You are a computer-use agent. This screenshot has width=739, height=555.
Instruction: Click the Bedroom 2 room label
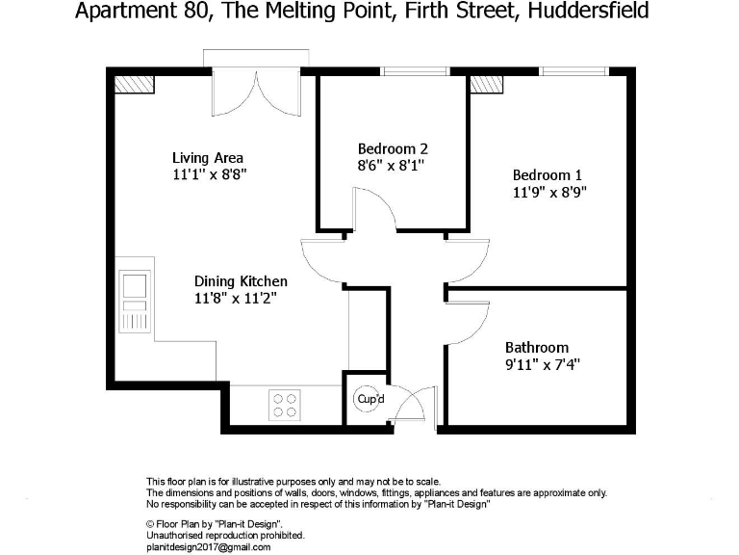pos(393,149)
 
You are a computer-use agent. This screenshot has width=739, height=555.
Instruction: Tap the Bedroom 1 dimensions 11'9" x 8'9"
pos(548,191)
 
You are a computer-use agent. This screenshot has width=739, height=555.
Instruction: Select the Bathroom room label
pos(537,348)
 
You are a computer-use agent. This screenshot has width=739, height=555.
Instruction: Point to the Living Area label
pos(208,158)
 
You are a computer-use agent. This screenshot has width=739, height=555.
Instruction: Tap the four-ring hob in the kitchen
pos(283,404)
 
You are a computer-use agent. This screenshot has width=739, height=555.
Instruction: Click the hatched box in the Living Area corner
pos(134,84)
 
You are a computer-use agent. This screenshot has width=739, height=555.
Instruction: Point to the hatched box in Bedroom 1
pos(487,84)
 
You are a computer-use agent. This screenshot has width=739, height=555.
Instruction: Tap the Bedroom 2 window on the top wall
pos(415,70)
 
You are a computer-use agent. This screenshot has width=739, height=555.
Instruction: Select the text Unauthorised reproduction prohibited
pos(224,535)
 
